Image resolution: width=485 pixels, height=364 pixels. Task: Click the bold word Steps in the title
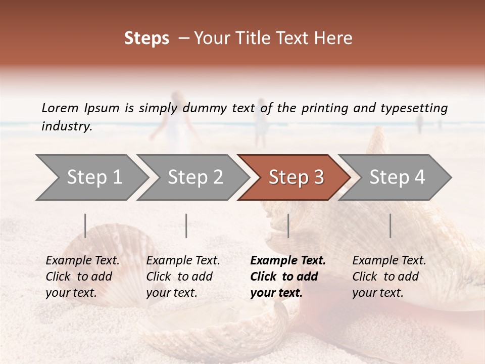(x=147, y=38)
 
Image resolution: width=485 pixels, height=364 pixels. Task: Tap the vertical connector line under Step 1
(x=85, y=225)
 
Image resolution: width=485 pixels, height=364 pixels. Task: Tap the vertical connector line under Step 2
(x=186, y=225)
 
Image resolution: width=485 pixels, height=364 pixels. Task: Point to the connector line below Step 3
(x=288, y=225)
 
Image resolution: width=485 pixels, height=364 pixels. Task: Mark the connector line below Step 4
(x=390, y=225)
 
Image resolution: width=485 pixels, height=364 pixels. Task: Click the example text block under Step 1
(x=82, y=277)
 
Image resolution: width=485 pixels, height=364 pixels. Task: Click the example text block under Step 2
(x=183, y=277)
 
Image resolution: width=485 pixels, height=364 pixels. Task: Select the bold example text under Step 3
(x=287, y=277)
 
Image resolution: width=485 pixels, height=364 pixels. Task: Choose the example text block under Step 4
(x=389, y=277)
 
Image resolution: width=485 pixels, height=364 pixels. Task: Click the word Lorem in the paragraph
(x=60, y=108)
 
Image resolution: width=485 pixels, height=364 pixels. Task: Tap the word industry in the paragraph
(x=66, y=126)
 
